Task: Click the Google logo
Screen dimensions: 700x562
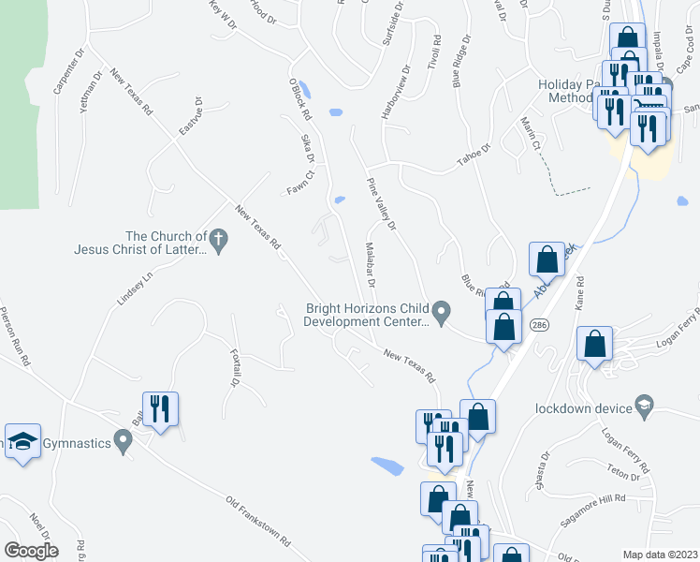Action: click(30, 551)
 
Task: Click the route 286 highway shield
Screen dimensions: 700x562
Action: click(542, 323)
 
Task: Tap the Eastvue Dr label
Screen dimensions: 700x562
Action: click(190, 115)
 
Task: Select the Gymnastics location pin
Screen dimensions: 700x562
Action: click(122, 438)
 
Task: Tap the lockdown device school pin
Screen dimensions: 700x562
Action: click(644, 405)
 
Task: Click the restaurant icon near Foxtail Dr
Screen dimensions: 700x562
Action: click(160, 408)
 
